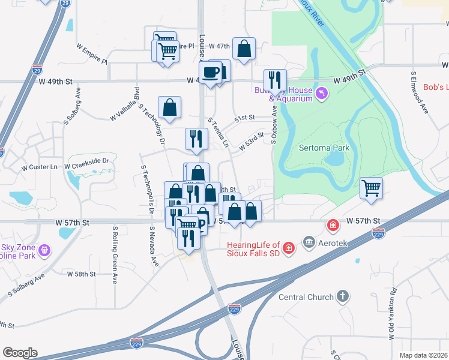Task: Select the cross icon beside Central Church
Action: coord(342,296)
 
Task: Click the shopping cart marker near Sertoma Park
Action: coord(372,188)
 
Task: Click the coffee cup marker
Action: coord(211,72)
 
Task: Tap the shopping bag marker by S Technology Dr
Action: coord(170,107)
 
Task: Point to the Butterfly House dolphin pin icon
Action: coord(323,94)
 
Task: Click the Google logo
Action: coord(20,353)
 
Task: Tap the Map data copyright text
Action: coord(423,355)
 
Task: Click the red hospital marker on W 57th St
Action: coord(332,226)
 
